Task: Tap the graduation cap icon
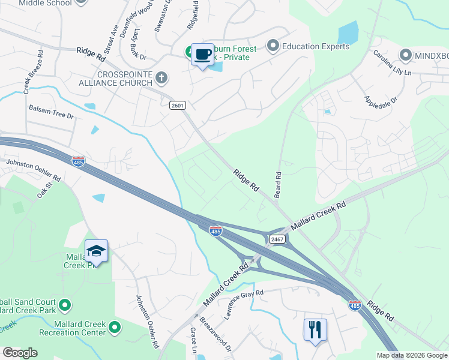96,251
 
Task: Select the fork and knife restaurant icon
315,329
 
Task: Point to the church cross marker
161,77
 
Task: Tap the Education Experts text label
316,46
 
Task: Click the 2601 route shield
178,105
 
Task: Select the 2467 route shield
277,239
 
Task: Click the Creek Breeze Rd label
27,79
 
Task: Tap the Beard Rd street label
279,185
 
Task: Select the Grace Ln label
193,340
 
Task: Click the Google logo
20,353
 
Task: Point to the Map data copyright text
411,355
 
